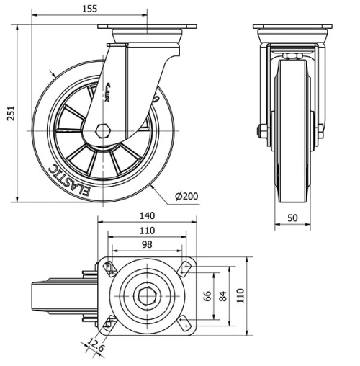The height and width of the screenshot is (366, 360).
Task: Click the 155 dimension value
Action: (90, 9)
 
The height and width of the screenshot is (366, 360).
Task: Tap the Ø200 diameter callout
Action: (186, 196)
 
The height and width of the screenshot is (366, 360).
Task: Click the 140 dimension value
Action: (148, 215)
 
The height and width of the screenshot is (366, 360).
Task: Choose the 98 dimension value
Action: (148, 244)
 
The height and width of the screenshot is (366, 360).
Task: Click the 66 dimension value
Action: (209, 296)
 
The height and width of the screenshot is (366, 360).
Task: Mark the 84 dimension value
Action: (224, 296)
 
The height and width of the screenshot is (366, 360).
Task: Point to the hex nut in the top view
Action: (148, 295)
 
